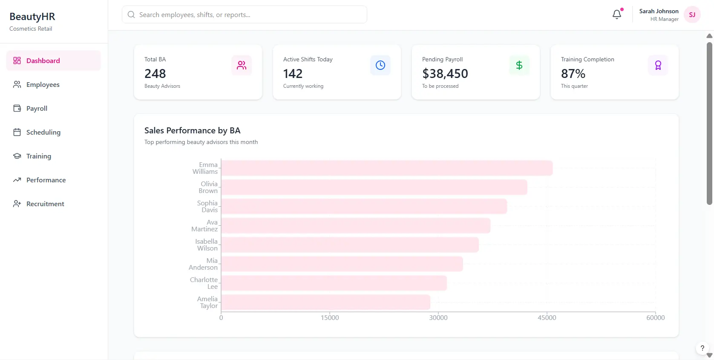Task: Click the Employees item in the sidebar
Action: [x=43, y=84]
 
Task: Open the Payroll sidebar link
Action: [x=37, y=108]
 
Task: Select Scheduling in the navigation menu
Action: [x=43, y=132]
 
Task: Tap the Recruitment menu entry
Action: [x=45, y=204]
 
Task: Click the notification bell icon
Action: [x=616, y=14]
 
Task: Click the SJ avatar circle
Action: [x=692, y=14]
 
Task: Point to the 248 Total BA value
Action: [x=155, y=74]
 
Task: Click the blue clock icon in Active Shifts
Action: [x=380, y=65]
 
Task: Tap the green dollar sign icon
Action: [x=519, y=65]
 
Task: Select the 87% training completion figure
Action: [x=573, y=74]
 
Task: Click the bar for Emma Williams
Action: [x=387, y=168]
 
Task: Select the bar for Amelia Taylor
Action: [x=325, y=302]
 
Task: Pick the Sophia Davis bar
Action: [x=364, y=206]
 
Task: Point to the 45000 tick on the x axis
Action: [x=547, y=317]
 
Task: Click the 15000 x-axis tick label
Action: [x=330, y=317]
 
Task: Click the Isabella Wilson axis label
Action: [x=207, y=245]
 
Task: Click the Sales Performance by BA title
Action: [x=192, y=130]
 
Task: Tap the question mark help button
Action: [x=702, y=348]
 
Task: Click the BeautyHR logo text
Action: [x=32, y=17]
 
